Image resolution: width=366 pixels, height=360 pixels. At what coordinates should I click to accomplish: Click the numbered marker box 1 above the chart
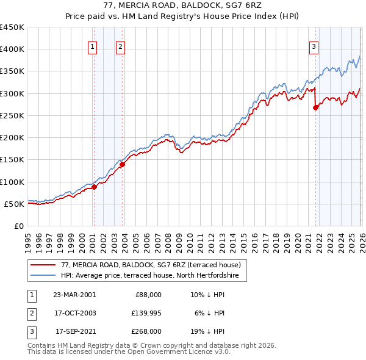coord(93,46)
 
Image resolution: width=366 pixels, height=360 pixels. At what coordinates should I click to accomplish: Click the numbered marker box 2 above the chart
coord(121,46)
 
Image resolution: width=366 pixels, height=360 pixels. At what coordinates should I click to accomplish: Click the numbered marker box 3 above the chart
coord(314,46)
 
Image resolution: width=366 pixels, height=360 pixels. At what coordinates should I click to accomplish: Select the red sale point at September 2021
coord(315,108)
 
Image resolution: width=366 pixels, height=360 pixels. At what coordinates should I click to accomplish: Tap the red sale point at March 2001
coord(95,187)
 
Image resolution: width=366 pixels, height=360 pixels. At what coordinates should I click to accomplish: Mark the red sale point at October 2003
coord(122,164)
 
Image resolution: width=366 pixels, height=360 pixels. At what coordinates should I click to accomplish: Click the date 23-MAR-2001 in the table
coord(74,295)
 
